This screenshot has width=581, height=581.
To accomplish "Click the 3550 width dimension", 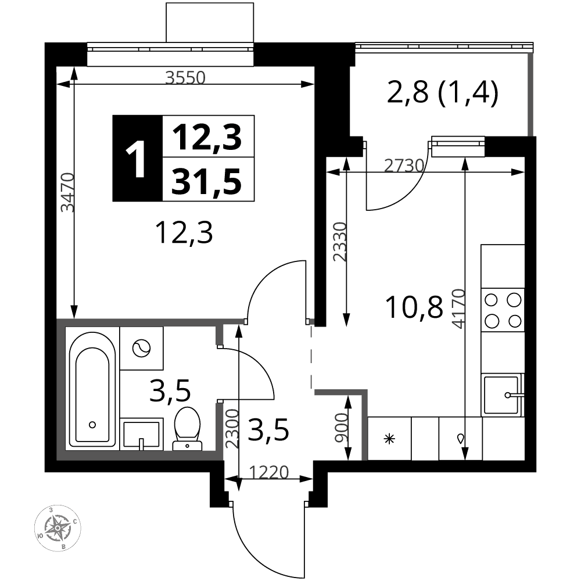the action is click(185, 78).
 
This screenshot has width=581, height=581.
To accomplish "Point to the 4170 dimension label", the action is click(459, 309).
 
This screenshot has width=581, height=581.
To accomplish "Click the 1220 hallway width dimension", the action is click(268, 472).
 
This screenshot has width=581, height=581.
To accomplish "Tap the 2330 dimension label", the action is click(339, 242).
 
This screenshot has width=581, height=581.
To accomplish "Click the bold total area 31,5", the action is click(207, 181).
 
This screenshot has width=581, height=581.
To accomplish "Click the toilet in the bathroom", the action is click(187, 429).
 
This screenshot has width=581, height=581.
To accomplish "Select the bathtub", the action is click(92, 389).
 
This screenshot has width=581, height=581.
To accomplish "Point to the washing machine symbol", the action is click(142, 348).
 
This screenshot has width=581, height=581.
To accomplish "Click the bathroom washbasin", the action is click(142, 434).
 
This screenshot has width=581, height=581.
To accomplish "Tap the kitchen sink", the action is click(503, 395).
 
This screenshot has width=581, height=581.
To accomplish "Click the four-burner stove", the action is click(503, 310).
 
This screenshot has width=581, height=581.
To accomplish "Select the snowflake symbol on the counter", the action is click(389, 439).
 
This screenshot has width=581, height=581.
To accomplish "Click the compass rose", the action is click(58, 528).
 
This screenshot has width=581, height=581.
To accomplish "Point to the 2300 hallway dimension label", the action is click(232, 429).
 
